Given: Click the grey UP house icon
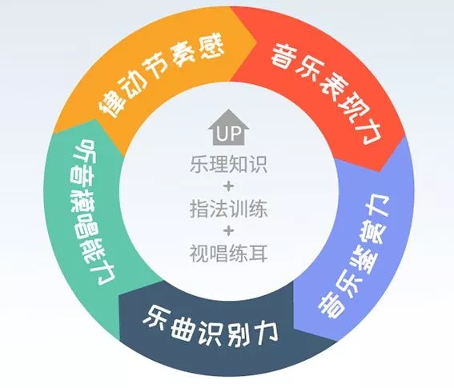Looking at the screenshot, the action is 228,127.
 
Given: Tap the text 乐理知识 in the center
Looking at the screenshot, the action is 228,164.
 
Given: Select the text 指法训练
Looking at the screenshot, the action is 228,209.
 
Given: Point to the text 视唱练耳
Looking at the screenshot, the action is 228,253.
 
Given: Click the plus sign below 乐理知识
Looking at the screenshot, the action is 228,186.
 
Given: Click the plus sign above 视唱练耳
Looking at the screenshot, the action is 228,231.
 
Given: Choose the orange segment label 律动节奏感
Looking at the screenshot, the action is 162,76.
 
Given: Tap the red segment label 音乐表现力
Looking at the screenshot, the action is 325,94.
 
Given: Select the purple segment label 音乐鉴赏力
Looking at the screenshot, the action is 354,257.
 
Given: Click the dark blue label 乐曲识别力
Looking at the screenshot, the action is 211,328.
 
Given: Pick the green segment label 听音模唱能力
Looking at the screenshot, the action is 93,212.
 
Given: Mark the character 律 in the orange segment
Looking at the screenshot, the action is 112,103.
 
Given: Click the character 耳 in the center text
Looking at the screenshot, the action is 258,253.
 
